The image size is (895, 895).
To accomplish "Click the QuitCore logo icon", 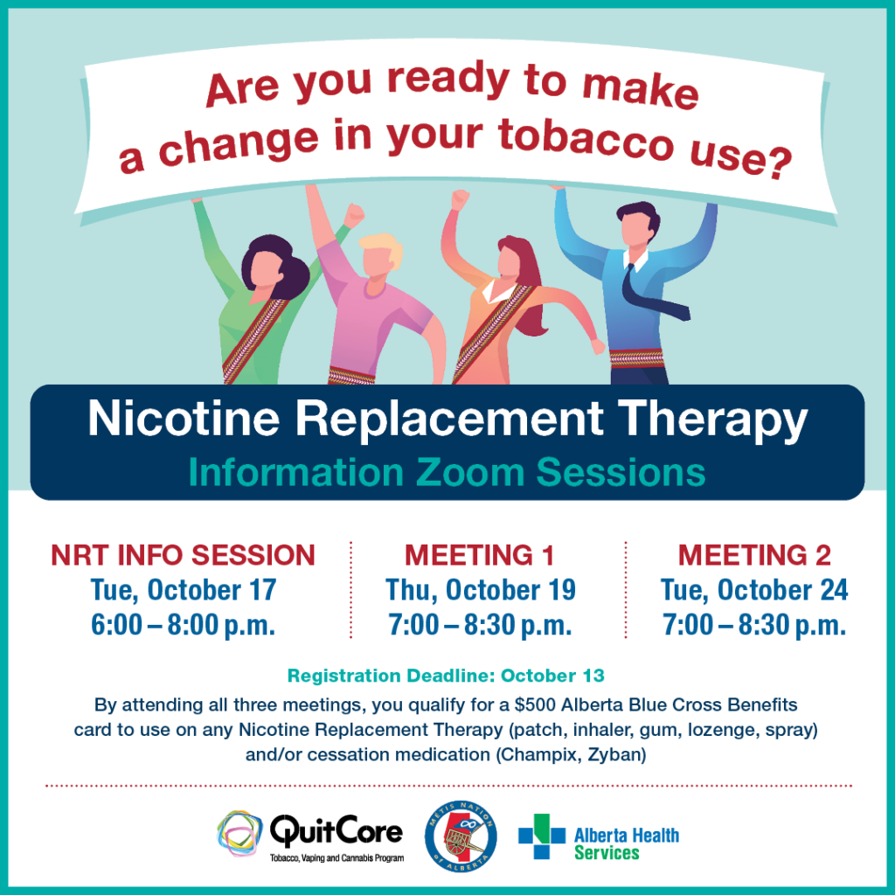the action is pyautogui.click(x=239, y=833).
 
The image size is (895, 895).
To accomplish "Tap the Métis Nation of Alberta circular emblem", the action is pyautogui.click(x=461, y=836).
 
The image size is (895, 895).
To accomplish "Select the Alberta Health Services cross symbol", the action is pyautogui.click(x=542, y=836).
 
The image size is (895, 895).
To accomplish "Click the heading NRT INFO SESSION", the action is pyautogui.click(x=184, y=555).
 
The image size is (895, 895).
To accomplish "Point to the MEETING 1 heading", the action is pyautogui.click(x=480, y=555).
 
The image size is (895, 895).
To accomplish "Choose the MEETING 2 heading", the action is pyautogui.click(x=754, y=555).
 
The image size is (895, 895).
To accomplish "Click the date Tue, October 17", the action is pyautogui.click(x=184, y=591).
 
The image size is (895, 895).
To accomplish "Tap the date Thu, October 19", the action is pyautogui.click(x=481, y=591).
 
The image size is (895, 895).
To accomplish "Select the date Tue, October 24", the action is pyautogui.click(x=754, y=591).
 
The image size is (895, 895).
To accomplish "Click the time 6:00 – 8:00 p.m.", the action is pyautogui.click(x=184, y=625).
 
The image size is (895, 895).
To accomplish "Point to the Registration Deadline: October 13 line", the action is pyautogui.click(x=446, y=676).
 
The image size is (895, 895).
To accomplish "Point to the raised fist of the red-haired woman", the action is pyautogui.click(x=460, y=200).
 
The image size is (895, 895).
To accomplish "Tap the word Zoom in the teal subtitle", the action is pyautogui.click(x=470, y=473).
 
